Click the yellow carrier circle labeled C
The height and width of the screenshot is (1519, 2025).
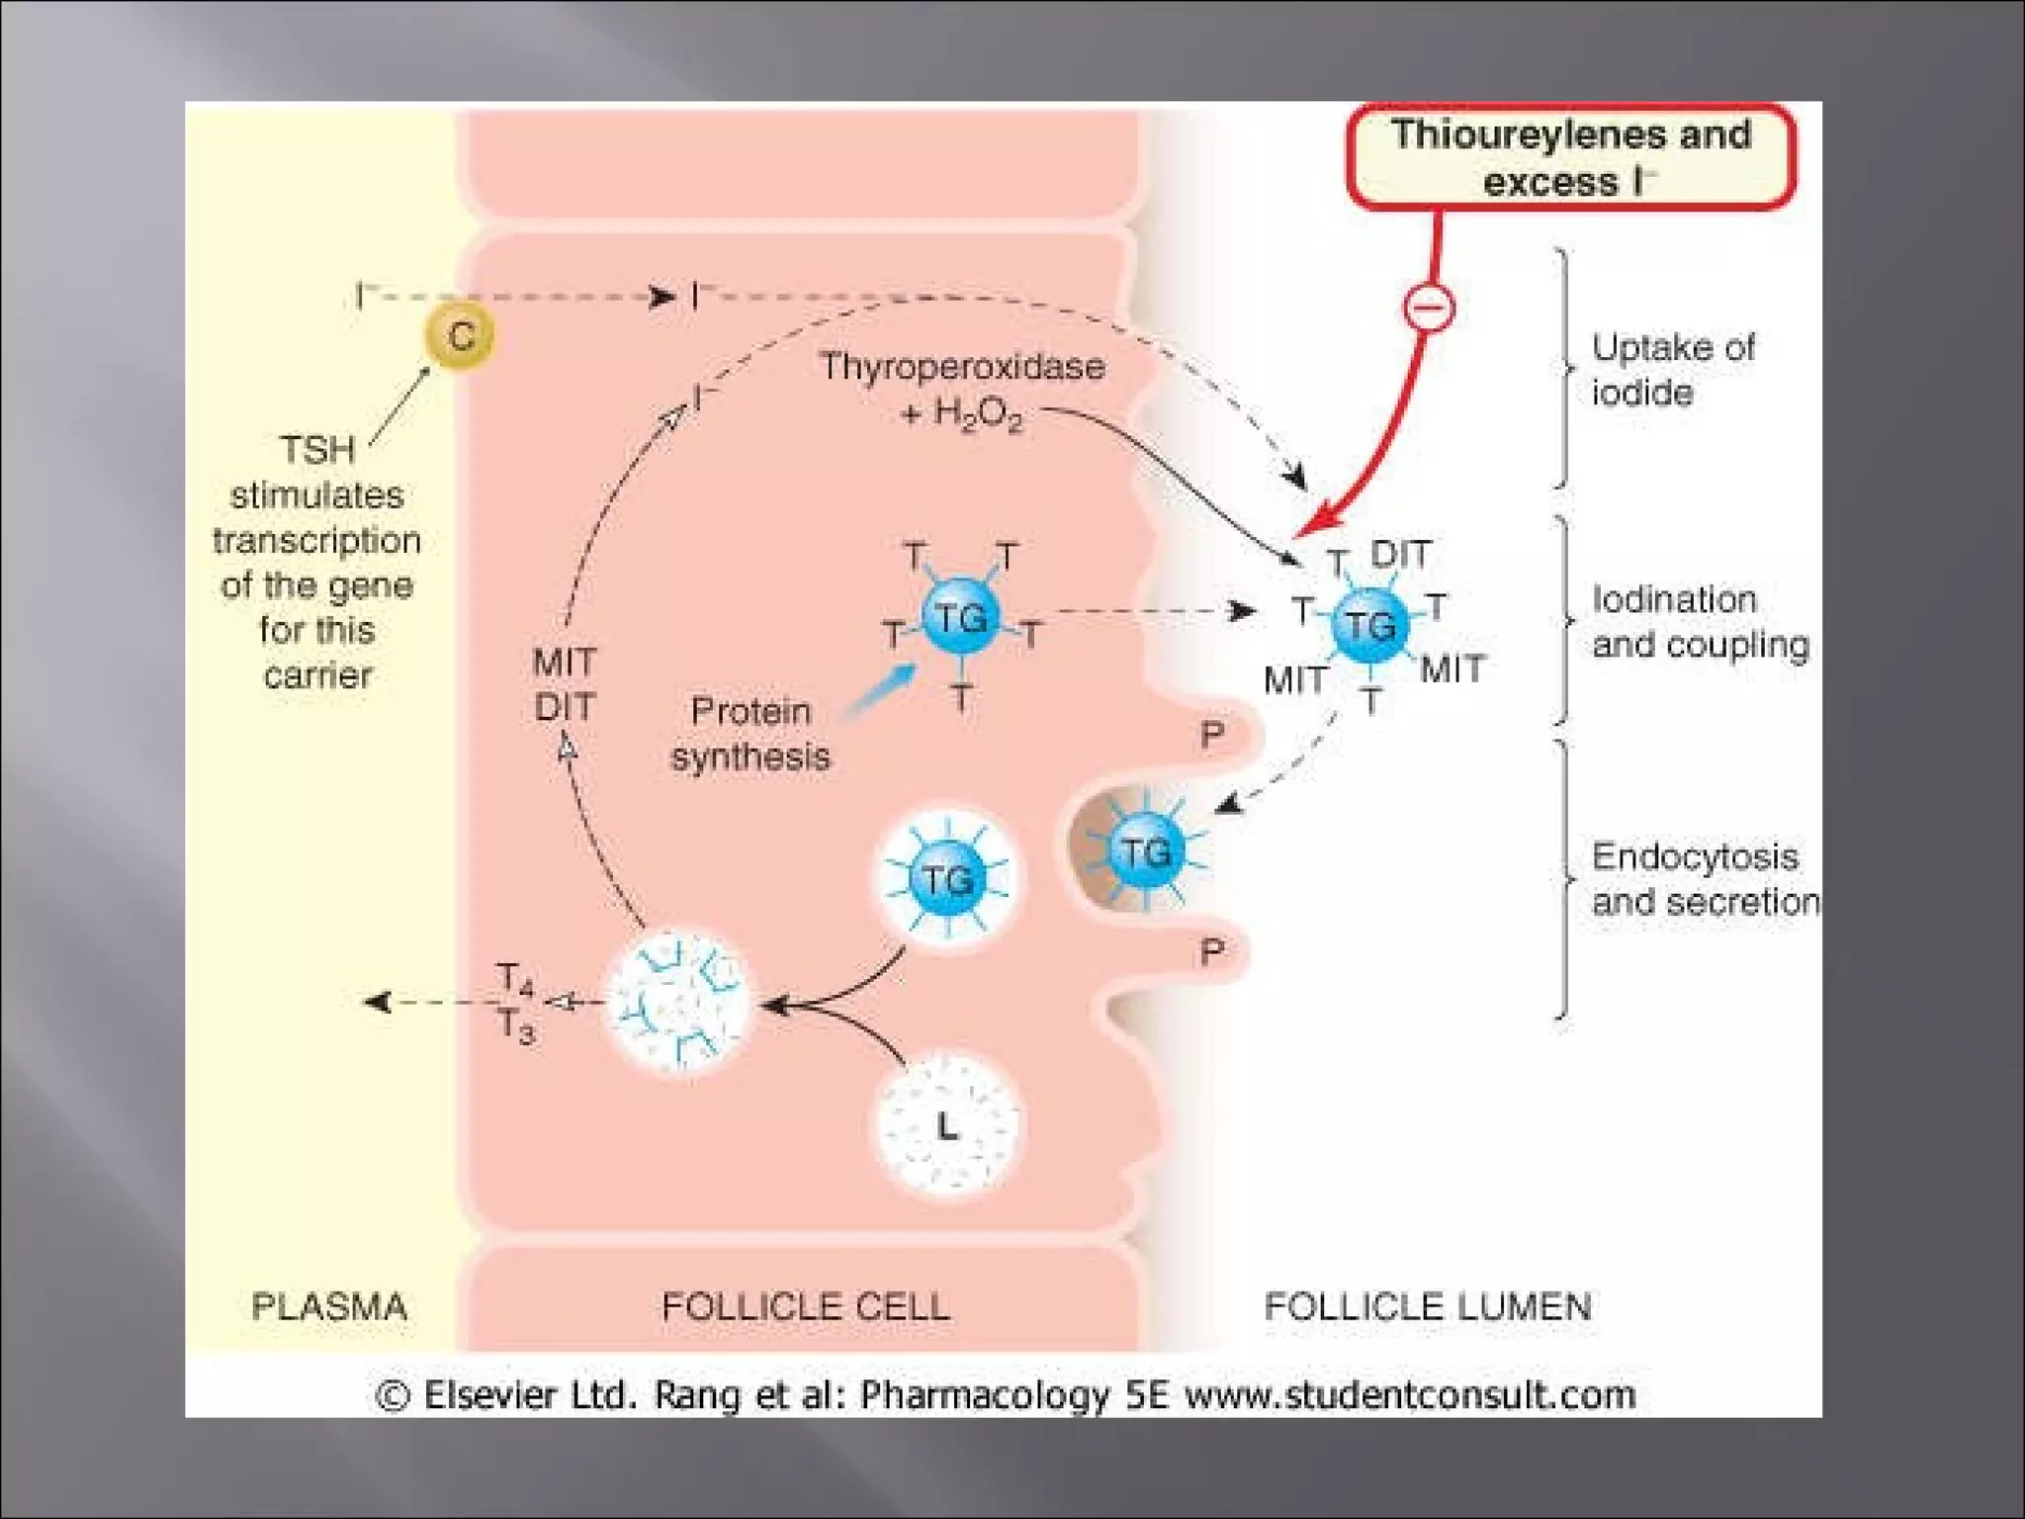pyautogui.click(x=461, y=336)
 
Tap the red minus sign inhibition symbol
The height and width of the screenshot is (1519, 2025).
pyautogui.click(x=1429, y=307)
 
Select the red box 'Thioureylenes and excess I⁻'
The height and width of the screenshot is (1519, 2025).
pyautogui.click(x=1570, y=157)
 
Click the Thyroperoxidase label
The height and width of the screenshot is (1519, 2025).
pyautogui.click(x=961, y=367)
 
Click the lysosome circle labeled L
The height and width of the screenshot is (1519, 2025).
pyautogui.click(x=947, y=1125)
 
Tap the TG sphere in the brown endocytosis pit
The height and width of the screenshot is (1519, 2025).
pyautogui.click(x=1145, y=850)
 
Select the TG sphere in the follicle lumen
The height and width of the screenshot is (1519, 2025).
pyautogui.click(x=1370, y=625)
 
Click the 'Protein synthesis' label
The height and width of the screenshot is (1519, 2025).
pyautogui.click(x=749, y=734)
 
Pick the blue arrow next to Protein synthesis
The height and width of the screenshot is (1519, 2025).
pyautogui.click(x=882, y=688)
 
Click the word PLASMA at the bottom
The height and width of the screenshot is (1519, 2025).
pyautogui.click(x=329, y=1306)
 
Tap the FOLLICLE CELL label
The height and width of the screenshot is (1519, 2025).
pyautogui.click(x=806, y=1306)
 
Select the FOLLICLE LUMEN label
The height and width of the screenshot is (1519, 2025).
pyautogui.click(x=1428, y=1306)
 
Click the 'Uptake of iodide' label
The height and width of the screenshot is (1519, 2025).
pyautogui.click(x=1671, y=370)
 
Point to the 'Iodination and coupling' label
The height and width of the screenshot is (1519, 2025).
pyautogui.click(x=1700, y=622)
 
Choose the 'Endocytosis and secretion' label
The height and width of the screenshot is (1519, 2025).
pyautogui.click(x=1704, y=879)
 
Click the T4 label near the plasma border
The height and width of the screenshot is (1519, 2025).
pyautogui.click(x=515, y=979)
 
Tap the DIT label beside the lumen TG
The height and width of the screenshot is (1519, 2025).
pyautogui.click(x=1400, y=555)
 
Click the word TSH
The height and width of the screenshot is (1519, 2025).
pyautogui.click(x=316, y=450)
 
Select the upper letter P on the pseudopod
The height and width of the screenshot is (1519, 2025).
pyautogui.click(x=1212, y=735)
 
